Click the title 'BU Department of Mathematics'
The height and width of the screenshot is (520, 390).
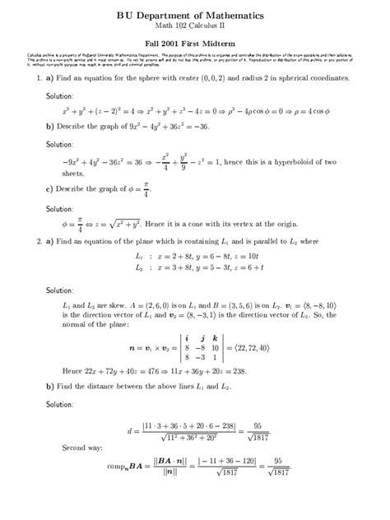(x=194, y=16)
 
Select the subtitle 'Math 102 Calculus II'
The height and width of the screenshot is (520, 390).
(x=194, y=27)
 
